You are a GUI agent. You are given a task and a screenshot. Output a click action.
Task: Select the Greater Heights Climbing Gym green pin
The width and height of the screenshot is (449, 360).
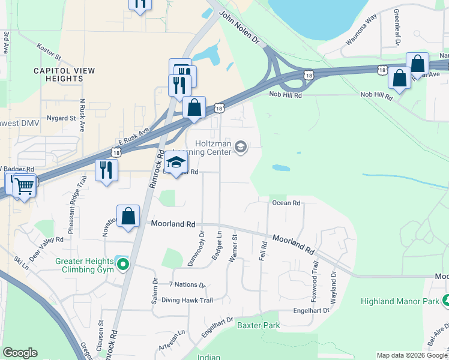tap(124, 263)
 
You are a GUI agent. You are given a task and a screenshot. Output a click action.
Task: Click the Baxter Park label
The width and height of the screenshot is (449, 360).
tap(258, 326)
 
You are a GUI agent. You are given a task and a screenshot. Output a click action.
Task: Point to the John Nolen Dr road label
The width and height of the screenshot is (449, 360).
tap(239, 28)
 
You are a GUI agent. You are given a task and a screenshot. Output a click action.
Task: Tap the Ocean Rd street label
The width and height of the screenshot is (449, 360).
tap(286, 203)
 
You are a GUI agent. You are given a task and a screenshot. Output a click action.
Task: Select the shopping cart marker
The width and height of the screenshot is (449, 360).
tap(24, 187)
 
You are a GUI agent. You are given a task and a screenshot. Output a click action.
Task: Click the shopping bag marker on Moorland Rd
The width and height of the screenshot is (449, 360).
tap(128, 216)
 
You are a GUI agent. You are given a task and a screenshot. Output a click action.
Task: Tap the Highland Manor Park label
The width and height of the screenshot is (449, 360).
tap(399, 301)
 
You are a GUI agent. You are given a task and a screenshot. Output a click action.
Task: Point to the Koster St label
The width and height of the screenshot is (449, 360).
tap(49, 50)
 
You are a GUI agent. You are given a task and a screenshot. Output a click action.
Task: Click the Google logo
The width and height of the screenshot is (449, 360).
tap(20, 353)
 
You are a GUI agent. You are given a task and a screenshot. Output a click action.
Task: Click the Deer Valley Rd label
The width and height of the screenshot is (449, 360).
tap(46, 245)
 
